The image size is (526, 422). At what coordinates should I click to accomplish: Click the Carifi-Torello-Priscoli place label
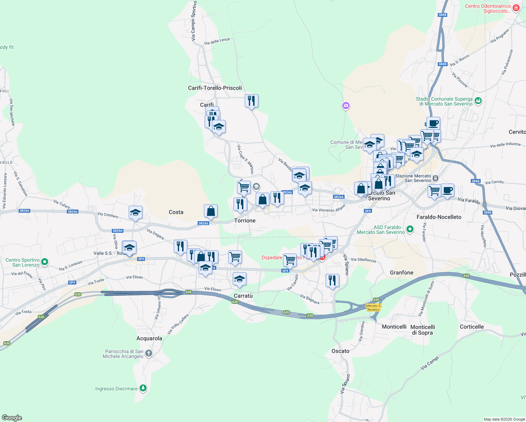215,88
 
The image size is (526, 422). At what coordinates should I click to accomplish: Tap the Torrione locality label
245,220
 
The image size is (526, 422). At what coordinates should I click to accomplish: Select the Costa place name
176,212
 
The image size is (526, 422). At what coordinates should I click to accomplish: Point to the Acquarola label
149,338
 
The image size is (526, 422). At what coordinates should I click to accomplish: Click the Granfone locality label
402,273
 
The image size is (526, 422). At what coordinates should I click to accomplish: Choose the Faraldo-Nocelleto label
439,217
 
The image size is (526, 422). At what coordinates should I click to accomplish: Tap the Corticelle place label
472,327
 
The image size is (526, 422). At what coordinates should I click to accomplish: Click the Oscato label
340,351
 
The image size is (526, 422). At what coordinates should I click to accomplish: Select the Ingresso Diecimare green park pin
143,388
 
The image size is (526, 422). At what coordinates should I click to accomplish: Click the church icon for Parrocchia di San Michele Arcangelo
149,353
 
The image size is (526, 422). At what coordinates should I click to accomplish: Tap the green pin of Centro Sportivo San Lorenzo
45,262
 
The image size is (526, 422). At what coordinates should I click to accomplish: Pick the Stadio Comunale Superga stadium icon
478,101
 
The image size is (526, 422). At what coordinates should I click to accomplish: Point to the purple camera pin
346,105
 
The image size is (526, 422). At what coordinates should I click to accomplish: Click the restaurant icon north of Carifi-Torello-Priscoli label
251,101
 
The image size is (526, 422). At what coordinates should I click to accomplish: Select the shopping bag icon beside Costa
211,211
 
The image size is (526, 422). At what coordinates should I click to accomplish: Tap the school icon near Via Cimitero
135,212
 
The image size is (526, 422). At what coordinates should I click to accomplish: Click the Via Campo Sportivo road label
194,21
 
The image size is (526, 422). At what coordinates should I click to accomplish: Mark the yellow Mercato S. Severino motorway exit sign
373,307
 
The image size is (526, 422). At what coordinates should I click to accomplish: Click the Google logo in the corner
12,417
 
